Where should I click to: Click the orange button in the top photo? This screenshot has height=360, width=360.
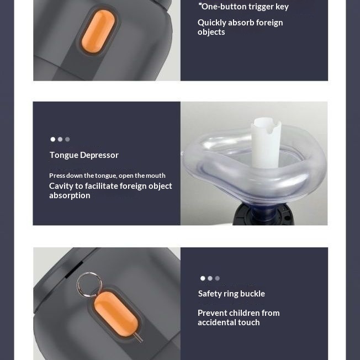coord(98,31)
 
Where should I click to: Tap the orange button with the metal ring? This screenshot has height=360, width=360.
coord(116,314)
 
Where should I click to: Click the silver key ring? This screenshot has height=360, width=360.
coord(89,285)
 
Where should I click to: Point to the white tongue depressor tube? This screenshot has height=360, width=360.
coord(266,143)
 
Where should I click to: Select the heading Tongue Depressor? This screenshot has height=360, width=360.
coord(84,155)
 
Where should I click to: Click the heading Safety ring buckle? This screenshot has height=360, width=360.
coord(231,294)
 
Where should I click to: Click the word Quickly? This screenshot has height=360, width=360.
coord(212,23)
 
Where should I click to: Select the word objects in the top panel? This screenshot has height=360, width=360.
coord(211,32)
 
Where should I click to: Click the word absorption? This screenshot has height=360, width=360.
coord(70,195)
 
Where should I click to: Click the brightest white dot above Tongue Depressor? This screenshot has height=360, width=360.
coord(53,139)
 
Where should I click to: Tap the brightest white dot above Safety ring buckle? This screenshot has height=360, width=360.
coord(203,278)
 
